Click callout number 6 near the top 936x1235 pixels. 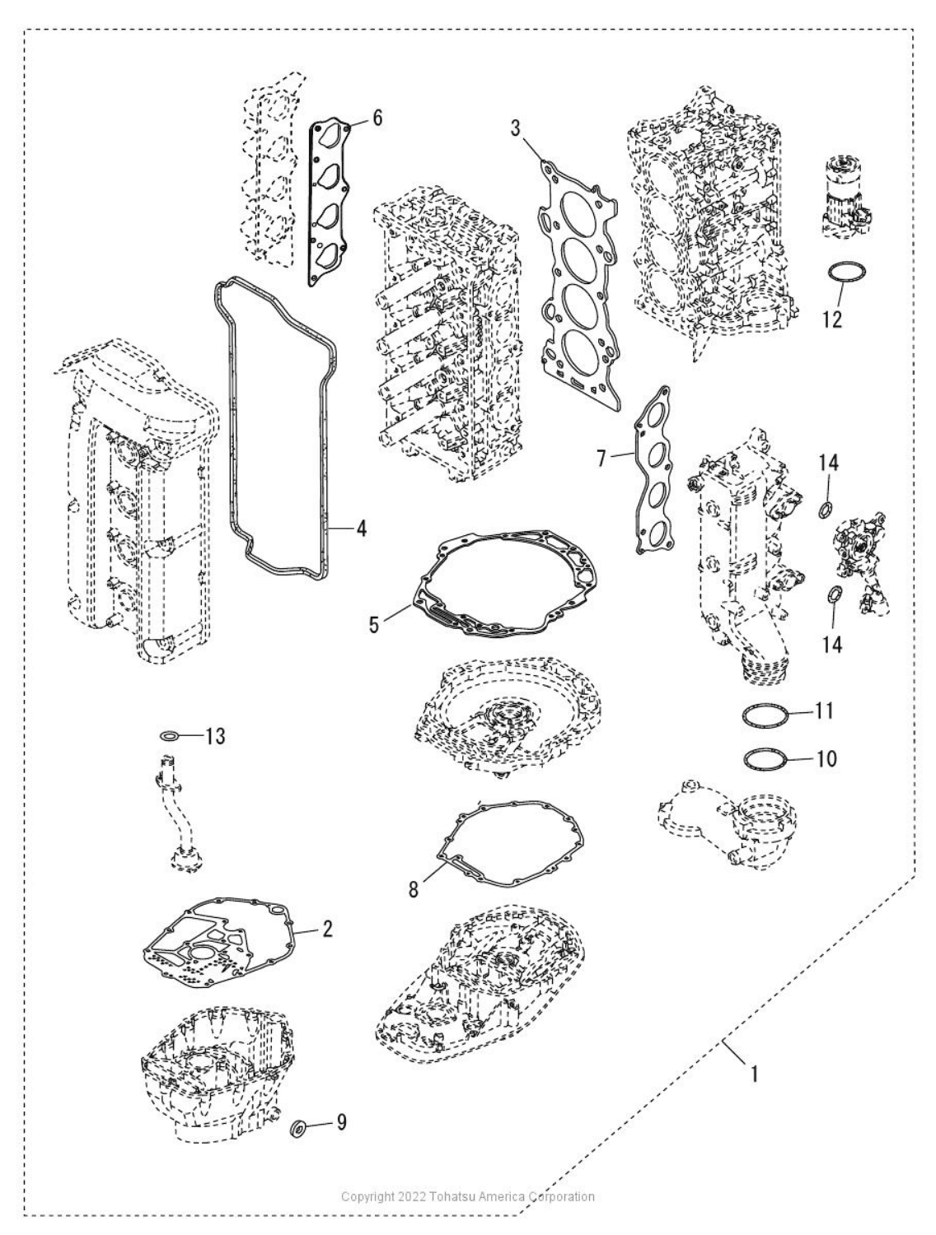tap(377, 119)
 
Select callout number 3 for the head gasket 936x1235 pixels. tap(516, 128)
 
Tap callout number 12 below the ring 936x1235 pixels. tap(832, 319)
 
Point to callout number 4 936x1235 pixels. tap(361, 529)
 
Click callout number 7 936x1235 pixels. tap(601, 459)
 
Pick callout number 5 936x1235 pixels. tap(374, 625)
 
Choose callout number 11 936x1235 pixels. tap(824, 711)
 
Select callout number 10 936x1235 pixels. tap(826, 759)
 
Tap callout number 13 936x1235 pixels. tap(215, 736)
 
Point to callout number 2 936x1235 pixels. tap(327, 929)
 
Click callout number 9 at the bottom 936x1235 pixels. tap(340, 1122)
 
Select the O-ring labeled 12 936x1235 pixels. tap(846, 273)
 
